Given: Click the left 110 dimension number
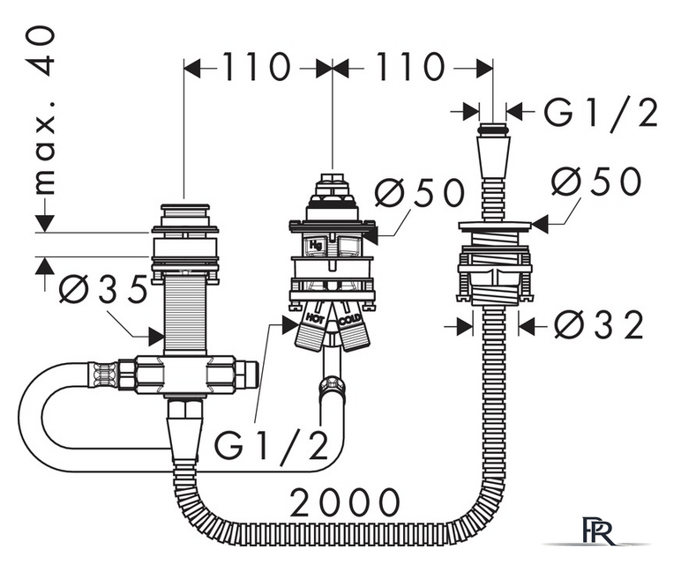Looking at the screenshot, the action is pos(256,67).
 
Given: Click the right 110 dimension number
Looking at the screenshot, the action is pos(411,67).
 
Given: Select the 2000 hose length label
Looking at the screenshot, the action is pos(345,502).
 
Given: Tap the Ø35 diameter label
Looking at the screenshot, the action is pos(103,289).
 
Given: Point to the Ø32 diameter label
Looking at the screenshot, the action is pos(598,325).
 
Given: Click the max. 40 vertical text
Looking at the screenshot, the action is pos(44,110).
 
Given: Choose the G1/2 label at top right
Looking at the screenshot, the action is pos(601,113).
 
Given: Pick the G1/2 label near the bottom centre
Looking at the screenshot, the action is pos(271,446).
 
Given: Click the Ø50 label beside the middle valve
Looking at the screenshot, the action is pos(420,193).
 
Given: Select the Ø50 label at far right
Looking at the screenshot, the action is pos(596,181).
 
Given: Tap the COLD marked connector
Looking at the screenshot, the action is pos(352,330).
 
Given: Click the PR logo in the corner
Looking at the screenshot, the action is pos(597,530).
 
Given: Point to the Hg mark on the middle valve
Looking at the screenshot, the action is pos(315,246).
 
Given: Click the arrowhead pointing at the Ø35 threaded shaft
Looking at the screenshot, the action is pos(156,337).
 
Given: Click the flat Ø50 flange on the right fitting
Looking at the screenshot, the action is pos(495,225).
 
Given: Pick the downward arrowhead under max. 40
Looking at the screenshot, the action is pos(44,223).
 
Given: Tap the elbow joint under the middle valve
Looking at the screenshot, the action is pos(332,387).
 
